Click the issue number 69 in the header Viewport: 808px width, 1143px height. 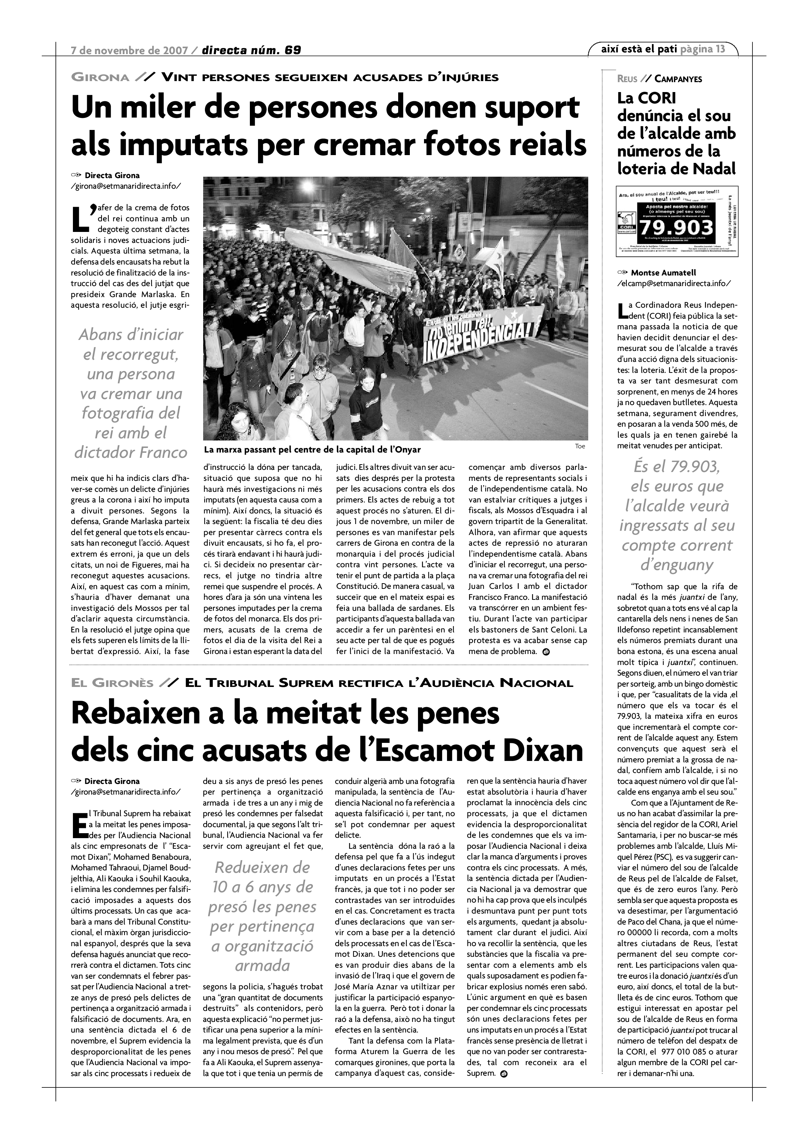click(293, 50)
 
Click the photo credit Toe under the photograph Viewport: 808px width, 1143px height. click(580, 446)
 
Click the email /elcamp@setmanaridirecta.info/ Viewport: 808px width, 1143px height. click(674, 284)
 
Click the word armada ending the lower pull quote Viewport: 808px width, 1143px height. click(262, 966)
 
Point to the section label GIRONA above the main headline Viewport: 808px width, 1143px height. click(100, 77)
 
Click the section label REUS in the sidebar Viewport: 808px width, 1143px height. click(627, 79)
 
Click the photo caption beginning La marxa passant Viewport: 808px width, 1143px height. click(312, 450)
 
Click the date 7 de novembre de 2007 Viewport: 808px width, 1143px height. click(130, 50)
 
